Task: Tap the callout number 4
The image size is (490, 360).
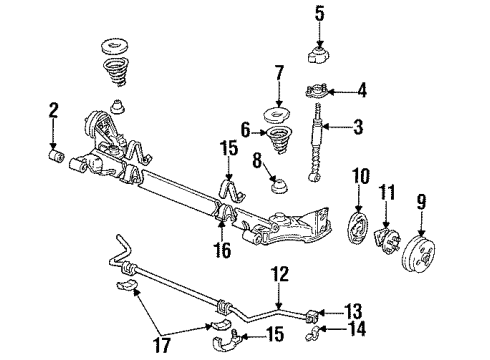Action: coord(362,90)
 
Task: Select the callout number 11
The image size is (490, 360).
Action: coord(390,189)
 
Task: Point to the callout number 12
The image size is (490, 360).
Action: coord(279,272)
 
